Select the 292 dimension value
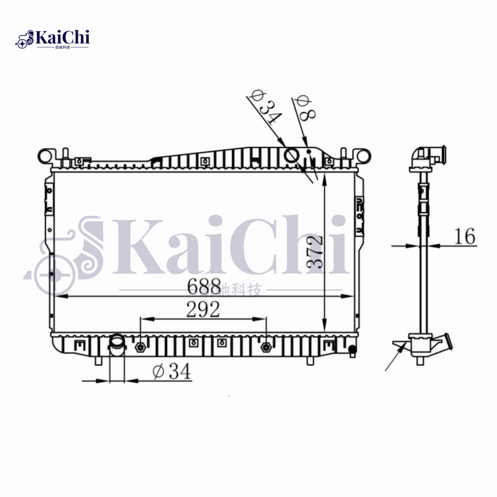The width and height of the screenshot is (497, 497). tap(202, 309)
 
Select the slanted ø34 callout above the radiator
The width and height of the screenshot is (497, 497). tap(264, 107)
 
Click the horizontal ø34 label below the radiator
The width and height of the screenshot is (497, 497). tap(171, 372)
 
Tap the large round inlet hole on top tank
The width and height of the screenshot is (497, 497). tap(291, 153)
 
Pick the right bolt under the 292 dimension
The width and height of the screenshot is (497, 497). tap(267, 347)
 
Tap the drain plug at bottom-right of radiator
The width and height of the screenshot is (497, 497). tap(352, 349)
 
